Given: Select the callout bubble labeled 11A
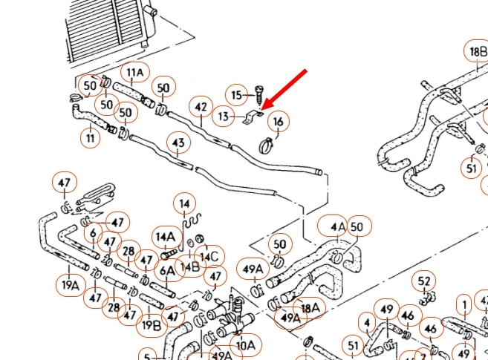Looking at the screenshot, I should [x=134, y=73].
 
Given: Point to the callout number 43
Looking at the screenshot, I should [x=178, y=142].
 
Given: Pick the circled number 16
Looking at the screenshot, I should [x=278, y=121].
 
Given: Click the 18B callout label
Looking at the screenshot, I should [x=476, y=52].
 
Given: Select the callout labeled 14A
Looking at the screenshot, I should [x=165, y=237].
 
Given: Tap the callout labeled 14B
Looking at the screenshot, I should [x=190, y=266].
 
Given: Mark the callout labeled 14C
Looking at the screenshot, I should [x=210, y=257].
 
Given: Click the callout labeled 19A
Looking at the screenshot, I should [x=71, y=285].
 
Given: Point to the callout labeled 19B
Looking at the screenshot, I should [x=151, y=324].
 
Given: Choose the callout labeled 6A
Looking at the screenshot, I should [x=169, y=271].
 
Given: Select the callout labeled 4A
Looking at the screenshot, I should [x=338, y=226].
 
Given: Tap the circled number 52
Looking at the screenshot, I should [x=424, y=281].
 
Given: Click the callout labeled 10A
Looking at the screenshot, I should [x=245, y=345].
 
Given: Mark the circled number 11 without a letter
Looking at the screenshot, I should [x=91, y=137].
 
